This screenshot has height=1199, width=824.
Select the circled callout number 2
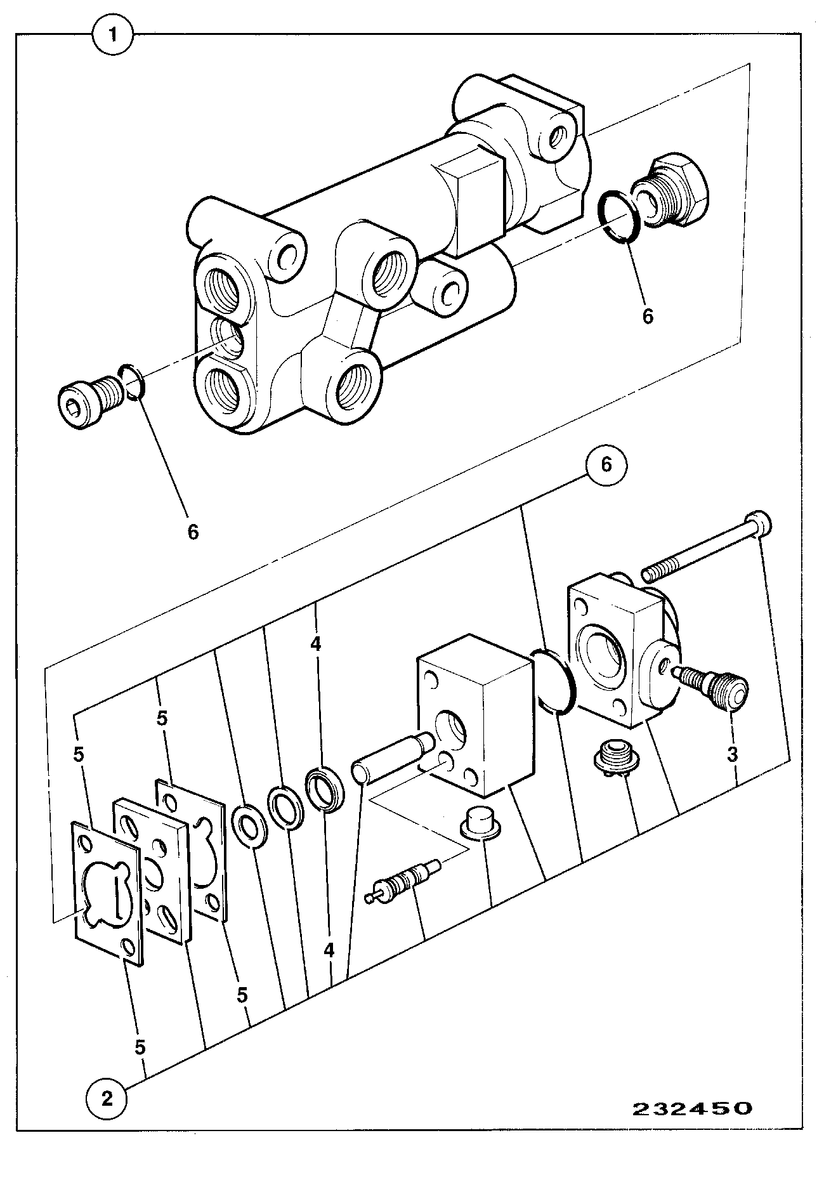107,1098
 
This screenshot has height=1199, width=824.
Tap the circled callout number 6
606,465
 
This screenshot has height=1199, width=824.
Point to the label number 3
732,755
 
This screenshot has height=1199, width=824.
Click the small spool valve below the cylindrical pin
403,881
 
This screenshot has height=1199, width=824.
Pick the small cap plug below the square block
481,822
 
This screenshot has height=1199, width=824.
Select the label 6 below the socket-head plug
193,532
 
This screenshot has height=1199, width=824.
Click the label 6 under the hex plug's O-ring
648,316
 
